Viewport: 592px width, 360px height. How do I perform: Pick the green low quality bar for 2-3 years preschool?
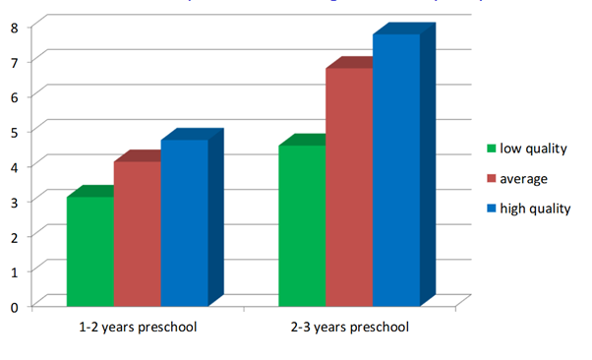pos(302,225)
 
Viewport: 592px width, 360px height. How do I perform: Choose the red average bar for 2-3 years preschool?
pos(349,187)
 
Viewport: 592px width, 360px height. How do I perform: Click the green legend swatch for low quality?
pos(491,150)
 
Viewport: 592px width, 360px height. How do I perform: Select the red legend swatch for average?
pos(491,179)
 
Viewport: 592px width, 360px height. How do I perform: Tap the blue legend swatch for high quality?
pos(491,209)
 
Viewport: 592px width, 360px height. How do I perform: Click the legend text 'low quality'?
pos(534,150)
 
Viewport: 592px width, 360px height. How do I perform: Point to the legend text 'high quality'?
pos(535,209)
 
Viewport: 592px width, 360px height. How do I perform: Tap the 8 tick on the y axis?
pos(15,26)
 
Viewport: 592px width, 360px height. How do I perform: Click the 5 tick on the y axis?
pos(15,130)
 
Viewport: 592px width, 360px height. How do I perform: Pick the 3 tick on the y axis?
pos(15,200)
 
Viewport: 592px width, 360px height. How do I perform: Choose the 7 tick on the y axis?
pos(15,60)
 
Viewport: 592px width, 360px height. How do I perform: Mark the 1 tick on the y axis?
pos(15,270)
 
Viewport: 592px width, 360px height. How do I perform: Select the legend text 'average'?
pos(523,179)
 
